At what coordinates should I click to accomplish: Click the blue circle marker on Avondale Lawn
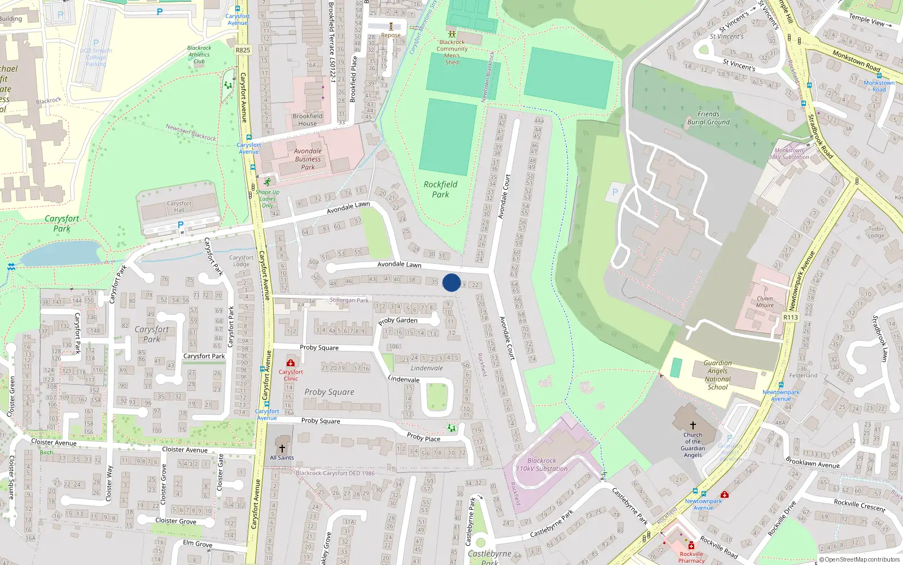click(x=451, y=282)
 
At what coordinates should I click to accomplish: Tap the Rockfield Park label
click(x=440, y=189)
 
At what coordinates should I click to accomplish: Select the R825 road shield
click(x=243, y=50)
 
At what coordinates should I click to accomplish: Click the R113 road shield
click(x=791, y=318)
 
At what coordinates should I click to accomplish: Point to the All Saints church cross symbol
click(x=282, y=449)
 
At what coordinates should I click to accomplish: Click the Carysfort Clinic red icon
click(x=291, y=363)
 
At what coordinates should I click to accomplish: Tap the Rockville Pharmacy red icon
click(x=691, y=546)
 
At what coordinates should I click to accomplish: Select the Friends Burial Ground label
click(x=708, y=118)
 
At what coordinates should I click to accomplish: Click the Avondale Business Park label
click(x=308, y=159)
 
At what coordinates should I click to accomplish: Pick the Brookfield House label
click(x=308, y=120)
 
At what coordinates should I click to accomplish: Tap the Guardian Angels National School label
click(x=717, y=375)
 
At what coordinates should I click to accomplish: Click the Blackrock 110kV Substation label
click(x=542, y=464)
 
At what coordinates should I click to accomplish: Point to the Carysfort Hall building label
click(x=179, y=206)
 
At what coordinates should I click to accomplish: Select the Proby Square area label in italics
click(x=329, y=392)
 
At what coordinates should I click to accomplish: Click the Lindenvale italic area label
click(x=427, y=368)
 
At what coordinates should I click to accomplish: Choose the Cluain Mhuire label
click(x=765, y=302)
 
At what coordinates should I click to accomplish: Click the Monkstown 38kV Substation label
click(x=789, y=154)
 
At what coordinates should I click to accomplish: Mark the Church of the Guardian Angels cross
click(x=693, y=425)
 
